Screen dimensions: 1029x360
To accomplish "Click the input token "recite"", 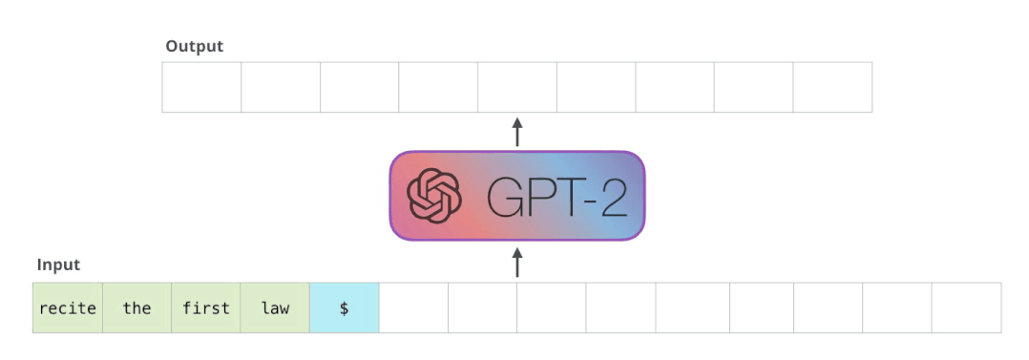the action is point(68,308).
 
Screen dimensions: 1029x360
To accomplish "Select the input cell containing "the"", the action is point(136,308).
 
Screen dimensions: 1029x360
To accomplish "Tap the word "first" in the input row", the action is point(206,308).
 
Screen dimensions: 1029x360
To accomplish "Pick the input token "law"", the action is point(275,308).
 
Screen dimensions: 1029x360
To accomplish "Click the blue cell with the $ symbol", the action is point(344,308).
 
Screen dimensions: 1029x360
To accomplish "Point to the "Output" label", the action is point(194,46).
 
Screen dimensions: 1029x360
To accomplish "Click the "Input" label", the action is point(58,265).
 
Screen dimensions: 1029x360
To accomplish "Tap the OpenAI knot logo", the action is point(434,196).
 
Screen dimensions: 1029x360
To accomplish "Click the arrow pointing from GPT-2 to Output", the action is point(517,132).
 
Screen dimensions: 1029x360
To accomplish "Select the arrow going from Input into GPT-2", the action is point(517,263).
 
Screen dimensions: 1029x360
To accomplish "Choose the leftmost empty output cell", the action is point(201,88).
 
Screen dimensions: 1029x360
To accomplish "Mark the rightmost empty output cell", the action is point(832,88).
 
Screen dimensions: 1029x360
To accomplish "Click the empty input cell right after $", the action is point(413,308).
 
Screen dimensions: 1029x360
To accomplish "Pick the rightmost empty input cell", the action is point(966,308).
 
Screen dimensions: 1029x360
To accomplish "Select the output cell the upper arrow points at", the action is point(517,88).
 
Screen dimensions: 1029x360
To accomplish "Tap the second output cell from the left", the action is point(281,88).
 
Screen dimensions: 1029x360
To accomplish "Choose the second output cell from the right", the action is point(753,88).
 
